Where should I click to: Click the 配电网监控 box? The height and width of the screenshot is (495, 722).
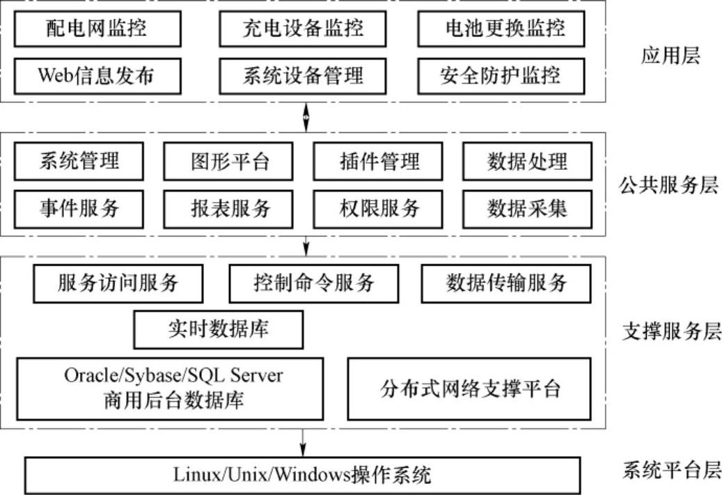click(x=97, y=29)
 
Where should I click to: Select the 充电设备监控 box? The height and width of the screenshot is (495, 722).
click(x=303, y=29)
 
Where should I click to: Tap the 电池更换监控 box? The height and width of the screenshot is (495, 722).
click(x=501, y=29)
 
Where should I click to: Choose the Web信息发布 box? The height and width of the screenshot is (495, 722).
click(x=97, y=75)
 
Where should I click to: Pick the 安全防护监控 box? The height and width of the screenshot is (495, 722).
click(x=501, y=75)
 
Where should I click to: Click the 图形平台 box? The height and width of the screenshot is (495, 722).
click(x=230, y=162)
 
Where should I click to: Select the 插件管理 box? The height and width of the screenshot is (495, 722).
click(x=379, y=162)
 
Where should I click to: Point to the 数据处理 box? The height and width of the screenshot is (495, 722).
click(x=527, y=162)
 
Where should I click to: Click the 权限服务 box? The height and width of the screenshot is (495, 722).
click(x=379, y=207)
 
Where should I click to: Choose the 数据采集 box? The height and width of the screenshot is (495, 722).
click(x=527, y=207)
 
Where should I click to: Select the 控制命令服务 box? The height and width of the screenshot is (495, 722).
click(x=314, y=283)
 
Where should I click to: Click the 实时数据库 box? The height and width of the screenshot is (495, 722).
click(x=218, y=329)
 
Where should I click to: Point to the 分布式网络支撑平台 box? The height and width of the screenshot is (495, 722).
click(x=471, y=388)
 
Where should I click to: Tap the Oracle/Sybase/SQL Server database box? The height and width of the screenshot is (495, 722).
click(x=170, y=388)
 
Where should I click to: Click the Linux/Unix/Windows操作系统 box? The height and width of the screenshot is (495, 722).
click(x=302, y=475)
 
